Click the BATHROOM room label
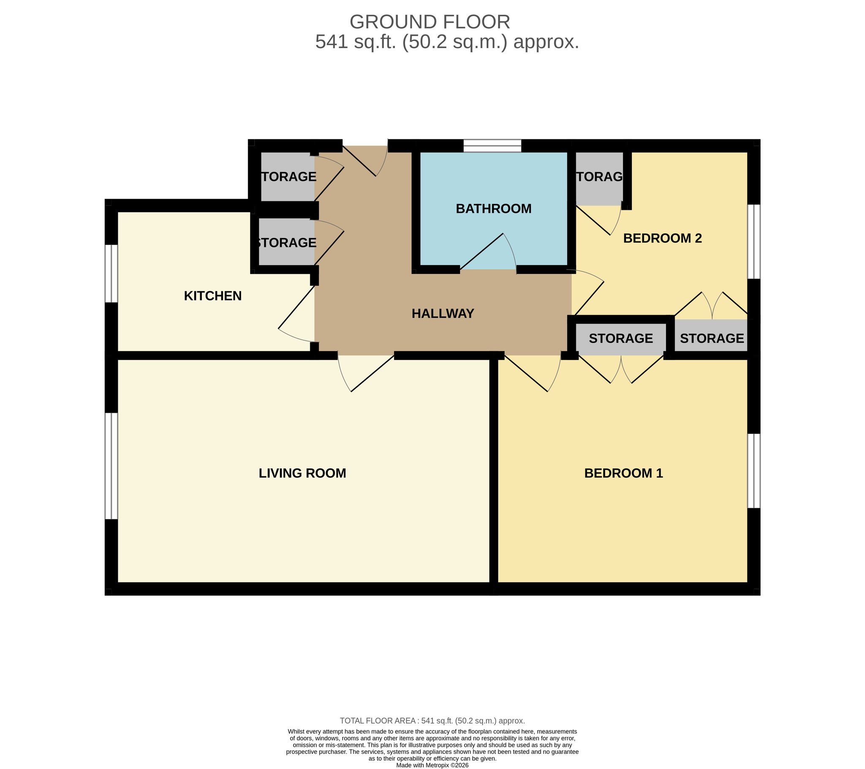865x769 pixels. (x=493, y=208)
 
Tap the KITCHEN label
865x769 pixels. (x=212, y=296)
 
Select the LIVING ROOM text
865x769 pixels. (x=302, y=473)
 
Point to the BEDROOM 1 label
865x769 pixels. (x=623, y=473)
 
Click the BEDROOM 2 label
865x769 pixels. (x=662, y=238)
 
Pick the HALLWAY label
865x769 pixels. (x=443, y=314)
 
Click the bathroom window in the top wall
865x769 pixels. (x=492, y=146)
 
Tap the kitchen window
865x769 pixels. (x=112, y=273)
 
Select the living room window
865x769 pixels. (x=112, y=466)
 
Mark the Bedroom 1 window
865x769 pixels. (x=753, y=470)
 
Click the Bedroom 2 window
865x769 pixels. (x=753, y=241)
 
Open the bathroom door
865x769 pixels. (x=488, y=251)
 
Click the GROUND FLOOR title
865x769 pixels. (x=430, y=22)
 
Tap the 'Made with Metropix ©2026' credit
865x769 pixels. (x=432, y=765)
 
